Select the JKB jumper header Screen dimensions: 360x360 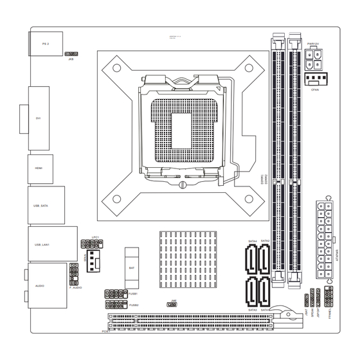coord(72,55)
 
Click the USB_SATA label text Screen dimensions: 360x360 coord(41,206)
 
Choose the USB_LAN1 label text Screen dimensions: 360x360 coord(42,245)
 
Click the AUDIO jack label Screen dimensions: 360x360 coord(39,283)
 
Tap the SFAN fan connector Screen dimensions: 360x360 coord(95,260)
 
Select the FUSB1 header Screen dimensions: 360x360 coord(116,294)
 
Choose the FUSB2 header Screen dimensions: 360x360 coord(116,305)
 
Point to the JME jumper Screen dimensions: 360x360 coord(174,305)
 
